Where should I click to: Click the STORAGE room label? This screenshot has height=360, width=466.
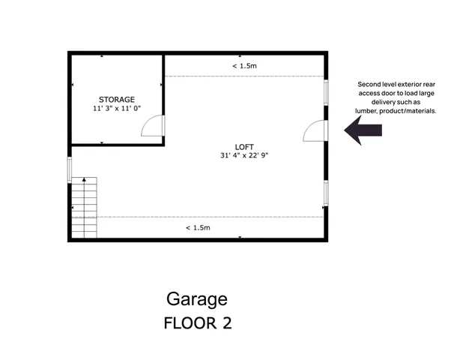pyautogui.click(x=117, y=99)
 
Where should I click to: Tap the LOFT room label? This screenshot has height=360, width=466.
pyautogui.click(x=244, y=146)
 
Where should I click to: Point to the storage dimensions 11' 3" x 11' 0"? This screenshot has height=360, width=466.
pyautogui.click(x=117, y=108)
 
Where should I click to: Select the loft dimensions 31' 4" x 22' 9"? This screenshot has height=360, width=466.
pyautogui.click(x=244, y=155)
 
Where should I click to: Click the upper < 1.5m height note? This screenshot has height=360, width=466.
pyautogui.click(x=244, y=66)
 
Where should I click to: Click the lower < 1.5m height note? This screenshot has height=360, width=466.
pyautogui.click(x=198, y=227)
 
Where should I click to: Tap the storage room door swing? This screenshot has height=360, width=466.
pyautogui.click(x=152, y=125)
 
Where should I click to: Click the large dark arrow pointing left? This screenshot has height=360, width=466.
pyautogui.click(x=363, y=130)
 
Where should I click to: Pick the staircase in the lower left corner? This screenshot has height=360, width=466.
pyautogui.click(x=84, y=210)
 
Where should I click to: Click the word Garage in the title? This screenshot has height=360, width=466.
pyautogui.click(x=197, y=299)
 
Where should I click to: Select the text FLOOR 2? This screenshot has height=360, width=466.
pyautogui.click(x=197, y=324)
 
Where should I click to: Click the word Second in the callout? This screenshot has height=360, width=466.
pyautogui.click(x=369, y=84)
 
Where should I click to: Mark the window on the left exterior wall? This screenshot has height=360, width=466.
pyautogui.click(x=70, y=169)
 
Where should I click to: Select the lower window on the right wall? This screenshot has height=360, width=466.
pyautogui.click(x=325, y=193)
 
